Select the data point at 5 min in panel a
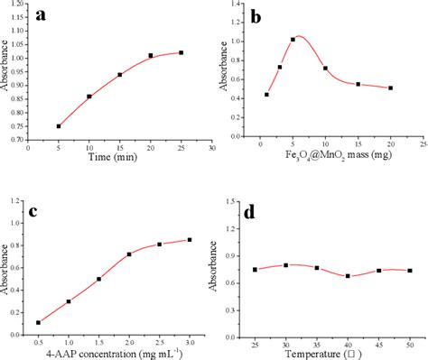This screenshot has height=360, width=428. (x=59, y=126)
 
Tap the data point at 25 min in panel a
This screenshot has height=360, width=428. (x=181, y=52)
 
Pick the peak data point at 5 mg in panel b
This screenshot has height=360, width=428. (x=293, y=40)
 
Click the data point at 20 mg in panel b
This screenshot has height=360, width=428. (x=390, y=88)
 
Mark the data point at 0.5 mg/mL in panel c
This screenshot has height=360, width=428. (x=38, y=322)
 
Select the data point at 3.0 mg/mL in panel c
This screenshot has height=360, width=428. (x=189, y=239)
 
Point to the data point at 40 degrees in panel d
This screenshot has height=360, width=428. (x=349, y=276)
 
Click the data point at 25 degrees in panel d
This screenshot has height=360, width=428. (x=256, y=270)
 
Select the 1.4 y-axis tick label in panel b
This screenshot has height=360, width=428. (x=236, y=5)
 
